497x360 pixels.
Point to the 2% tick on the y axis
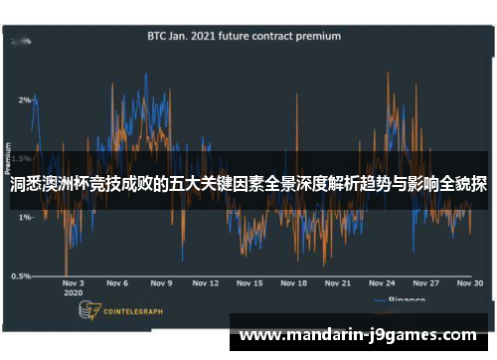[x=24, y=99]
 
